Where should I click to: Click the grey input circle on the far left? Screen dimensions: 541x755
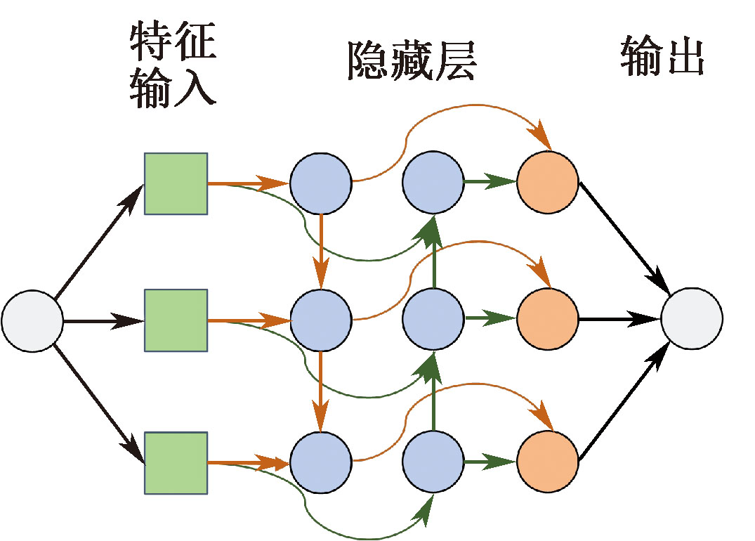click(32, 321)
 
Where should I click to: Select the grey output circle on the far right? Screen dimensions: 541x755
click(692, 319)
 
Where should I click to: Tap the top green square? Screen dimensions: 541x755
click(176, 183)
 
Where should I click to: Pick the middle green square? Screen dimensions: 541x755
click(176, 320)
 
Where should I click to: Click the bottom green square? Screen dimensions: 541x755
click(176, 462)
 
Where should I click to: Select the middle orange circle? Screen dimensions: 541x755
click(548, 319)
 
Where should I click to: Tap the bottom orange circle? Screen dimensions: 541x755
click(548, 462)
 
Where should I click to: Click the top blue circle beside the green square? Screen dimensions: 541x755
click(321, 183)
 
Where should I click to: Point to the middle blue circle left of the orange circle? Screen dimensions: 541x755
click(433, 319)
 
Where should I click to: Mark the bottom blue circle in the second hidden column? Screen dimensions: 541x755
click(433, 462)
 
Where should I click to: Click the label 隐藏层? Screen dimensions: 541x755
click(412, 62)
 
